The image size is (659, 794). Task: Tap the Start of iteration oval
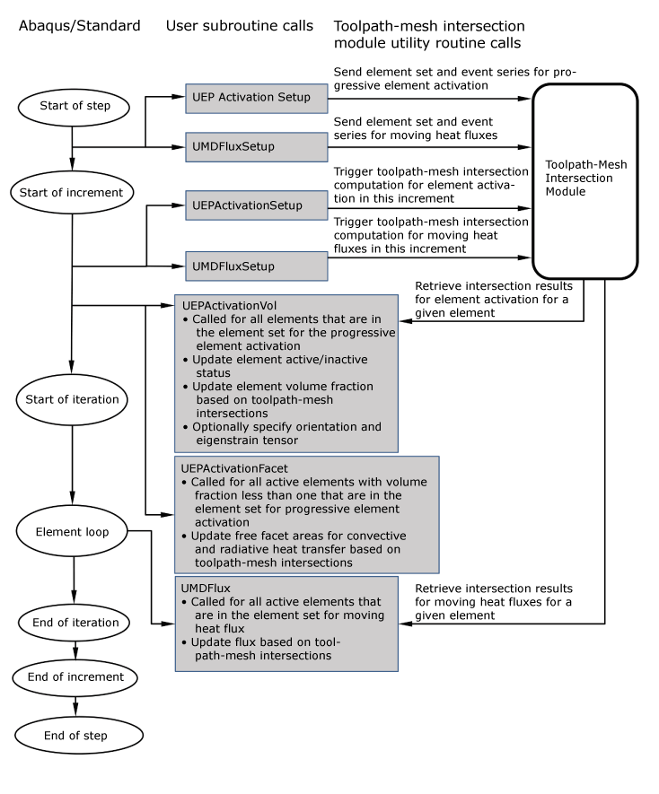[72, 398]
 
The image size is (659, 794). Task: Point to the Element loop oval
[72, 532]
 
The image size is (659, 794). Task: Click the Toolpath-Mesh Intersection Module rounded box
[584, 180]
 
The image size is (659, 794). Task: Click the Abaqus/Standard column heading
[80, 26]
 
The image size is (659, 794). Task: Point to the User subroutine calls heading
[240, 26]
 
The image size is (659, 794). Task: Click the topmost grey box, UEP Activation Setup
[257, 98]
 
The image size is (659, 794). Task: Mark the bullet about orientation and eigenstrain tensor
[286, 433]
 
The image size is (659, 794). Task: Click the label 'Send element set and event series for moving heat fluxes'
[414, 128]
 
